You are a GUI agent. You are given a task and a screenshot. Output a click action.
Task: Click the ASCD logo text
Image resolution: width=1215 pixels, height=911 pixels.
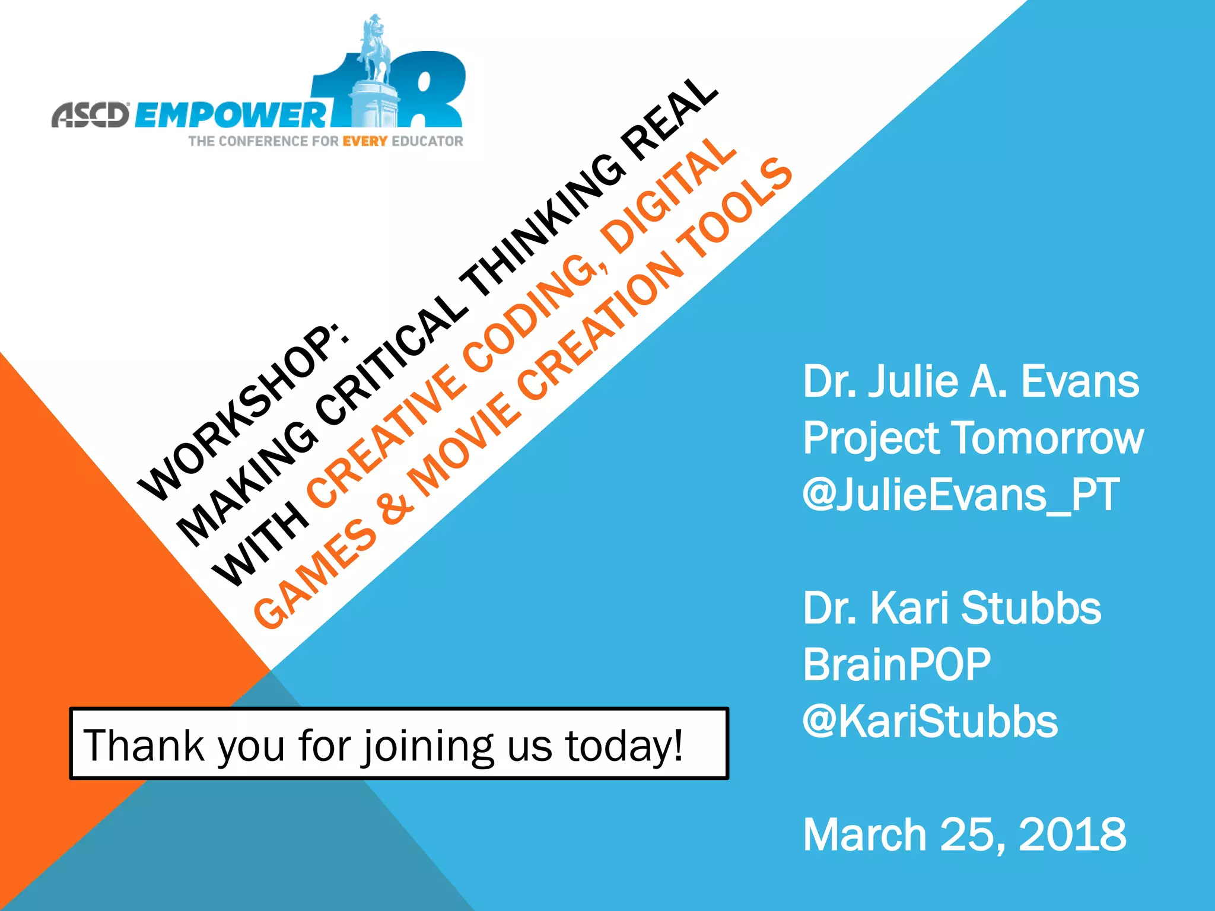click(x=90, y=114)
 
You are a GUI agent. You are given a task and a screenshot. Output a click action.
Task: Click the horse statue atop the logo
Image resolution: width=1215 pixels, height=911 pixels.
click(x=375, y=50)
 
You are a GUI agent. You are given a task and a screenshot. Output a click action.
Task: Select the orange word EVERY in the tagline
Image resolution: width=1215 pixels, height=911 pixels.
click(x=365, y=141)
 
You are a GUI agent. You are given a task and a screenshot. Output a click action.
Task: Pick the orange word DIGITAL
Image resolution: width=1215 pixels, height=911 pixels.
click(x=667, y=196)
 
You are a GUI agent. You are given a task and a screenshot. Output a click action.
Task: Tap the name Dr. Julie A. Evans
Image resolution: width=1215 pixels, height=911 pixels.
click(x=971, y=381)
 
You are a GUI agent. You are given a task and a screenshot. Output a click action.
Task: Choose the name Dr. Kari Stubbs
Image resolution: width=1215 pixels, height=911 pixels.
click(x=952, y=608)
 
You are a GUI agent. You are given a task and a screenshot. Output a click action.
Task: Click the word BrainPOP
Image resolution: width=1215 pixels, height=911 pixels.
click(x=896, y=664)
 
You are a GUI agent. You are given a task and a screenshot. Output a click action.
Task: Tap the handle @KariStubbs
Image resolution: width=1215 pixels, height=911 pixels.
click(x=930, y=721)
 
